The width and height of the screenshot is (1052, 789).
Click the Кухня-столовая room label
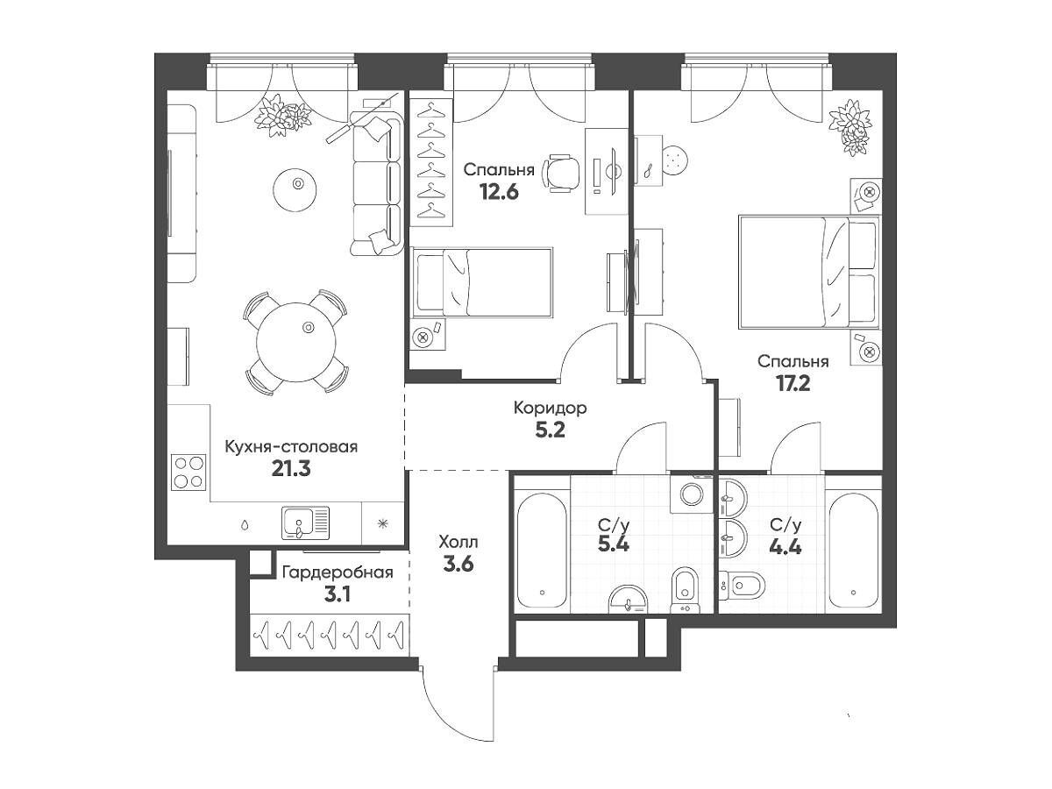click(291, 447)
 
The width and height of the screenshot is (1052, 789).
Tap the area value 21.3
click(291, 469)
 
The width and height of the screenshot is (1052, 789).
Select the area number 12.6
click(499, 192)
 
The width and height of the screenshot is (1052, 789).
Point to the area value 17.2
click(793, 383)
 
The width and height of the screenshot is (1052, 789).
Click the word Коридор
click(551, 409)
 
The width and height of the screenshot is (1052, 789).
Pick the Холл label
click(458, 543)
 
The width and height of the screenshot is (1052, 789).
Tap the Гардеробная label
click(338, 572)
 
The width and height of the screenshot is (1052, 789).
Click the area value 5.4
click(613, 544)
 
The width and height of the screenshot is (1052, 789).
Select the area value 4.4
click(785, 546)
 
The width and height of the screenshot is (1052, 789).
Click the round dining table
click(296, 342)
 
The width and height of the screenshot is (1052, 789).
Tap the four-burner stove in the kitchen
click(188, 473)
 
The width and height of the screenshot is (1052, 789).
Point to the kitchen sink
click(306, 522)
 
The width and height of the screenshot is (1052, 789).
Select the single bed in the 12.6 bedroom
click(482, 282)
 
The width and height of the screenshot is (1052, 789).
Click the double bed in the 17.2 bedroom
click(809, 272)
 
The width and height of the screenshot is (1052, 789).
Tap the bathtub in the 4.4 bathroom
click(853, 550)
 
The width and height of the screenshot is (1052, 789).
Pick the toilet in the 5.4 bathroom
click(686, 590)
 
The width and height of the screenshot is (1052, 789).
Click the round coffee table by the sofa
click(295, 189)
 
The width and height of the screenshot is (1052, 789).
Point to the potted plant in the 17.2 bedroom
click(850, 126)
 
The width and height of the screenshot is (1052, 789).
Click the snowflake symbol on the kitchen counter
click(382, 523)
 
